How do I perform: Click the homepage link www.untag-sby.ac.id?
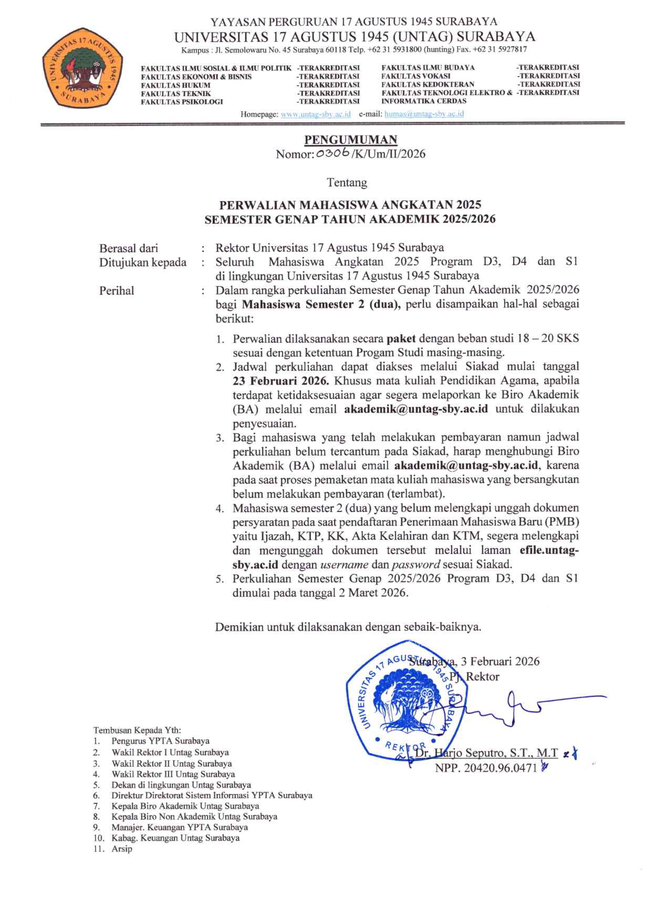pyautogui.click(x=316, y=114)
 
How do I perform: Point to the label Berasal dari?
pyautogui.click(x=128, y=248)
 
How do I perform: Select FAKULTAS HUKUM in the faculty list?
pyautogui.click(x=175, y=85)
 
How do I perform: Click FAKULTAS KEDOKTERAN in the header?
pyautogui.click(x=427, y=84)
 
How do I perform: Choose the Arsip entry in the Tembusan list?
pyautogui.click(x=122, y=849)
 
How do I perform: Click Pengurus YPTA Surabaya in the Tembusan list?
pyautogui.click(x=160, y=741)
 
